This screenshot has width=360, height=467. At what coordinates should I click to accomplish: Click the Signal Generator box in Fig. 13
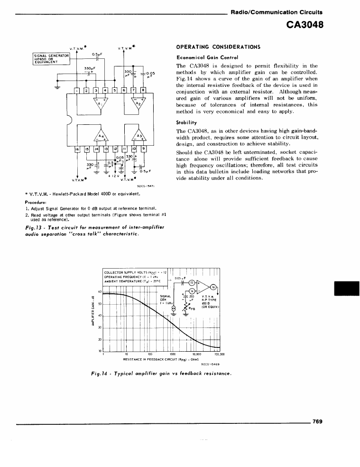51,58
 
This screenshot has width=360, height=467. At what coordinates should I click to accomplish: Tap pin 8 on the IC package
142,91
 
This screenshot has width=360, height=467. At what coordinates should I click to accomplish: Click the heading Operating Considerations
212,47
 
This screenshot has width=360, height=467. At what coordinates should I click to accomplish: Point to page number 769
317,421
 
